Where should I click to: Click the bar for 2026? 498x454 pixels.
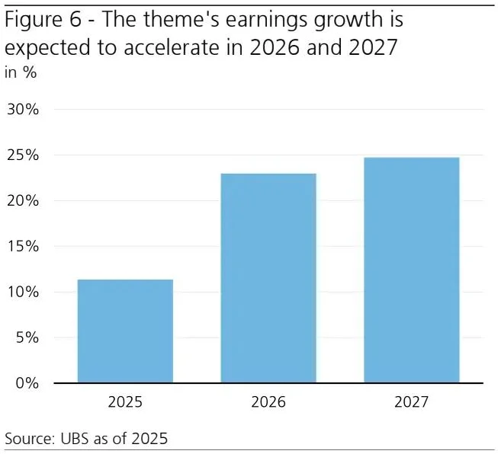268,278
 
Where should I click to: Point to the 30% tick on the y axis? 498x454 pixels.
22,109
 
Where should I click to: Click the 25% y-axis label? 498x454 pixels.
22,155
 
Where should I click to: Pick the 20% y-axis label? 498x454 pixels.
22,201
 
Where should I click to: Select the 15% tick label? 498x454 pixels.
22,247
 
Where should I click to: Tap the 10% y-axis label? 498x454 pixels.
22,292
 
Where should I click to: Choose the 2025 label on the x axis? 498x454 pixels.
125,401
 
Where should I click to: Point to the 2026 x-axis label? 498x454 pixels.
268,401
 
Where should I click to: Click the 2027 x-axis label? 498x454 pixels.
411,401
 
